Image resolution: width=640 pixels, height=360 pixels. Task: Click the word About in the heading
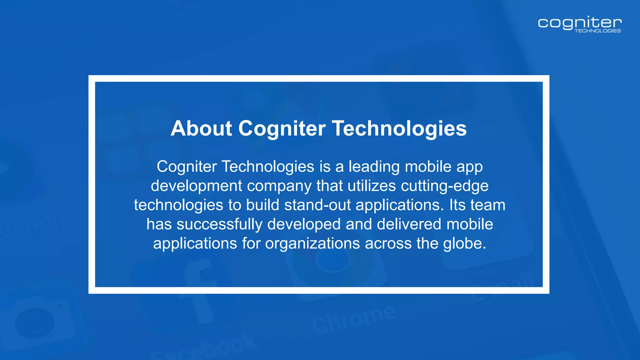point(201,128)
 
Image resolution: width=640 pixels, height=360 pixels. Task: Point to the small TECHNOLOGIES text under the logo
point(597,31)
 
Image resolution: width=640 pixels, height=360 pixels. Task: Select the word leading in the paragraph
point(374,167)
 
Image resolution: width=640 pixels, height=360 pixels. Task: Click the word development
point(196,186)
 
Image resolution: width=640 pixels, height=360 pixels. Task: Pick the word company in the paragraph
point(279,186)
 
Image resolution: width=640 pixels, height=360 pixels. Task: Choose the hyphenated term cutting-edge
point(444,186)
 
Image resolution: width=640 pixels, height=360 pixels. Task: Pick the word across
point(388,243)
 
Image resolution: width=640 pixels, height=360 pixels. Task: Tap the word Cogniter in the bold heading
point(282,128)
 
